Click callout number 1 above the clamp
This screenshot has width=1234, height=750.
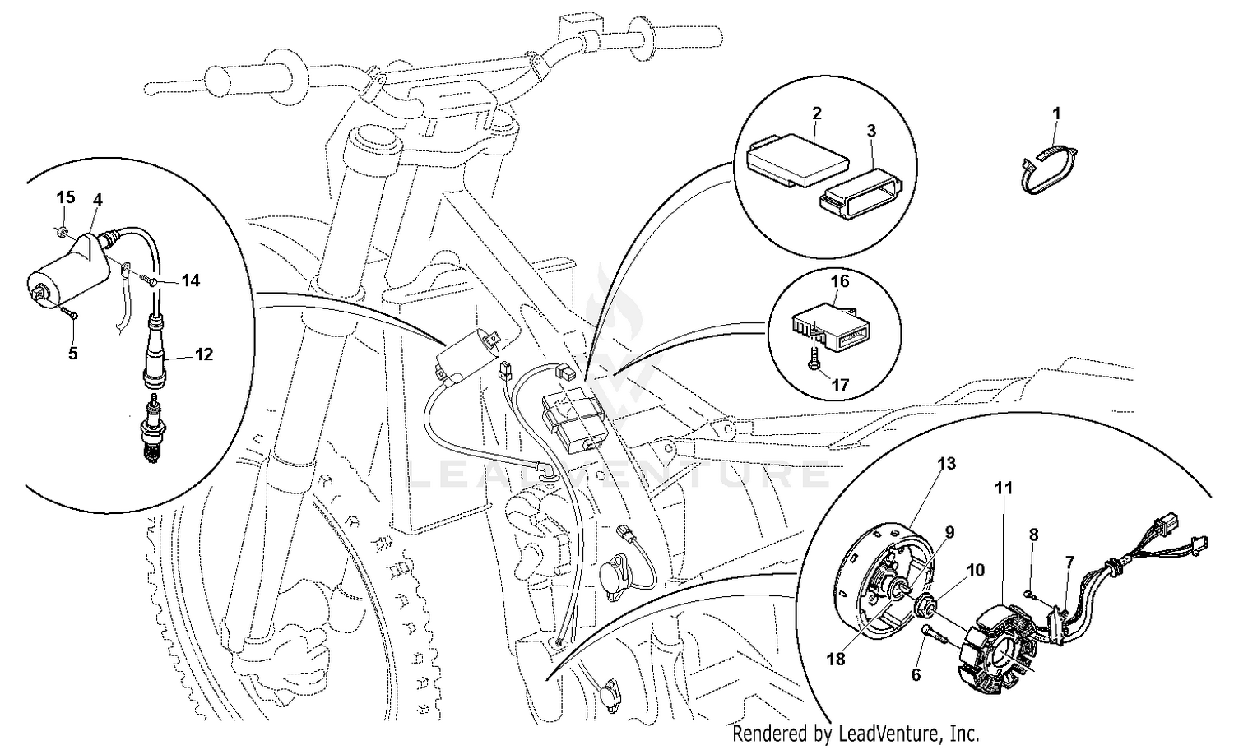tap(1056, 113)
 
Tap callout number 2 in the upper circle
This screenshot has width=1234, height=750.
tap(816, 113)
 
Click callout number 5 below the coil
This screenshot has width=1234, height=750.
tap(73, 354)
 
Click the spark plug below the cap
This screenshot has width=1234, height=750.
tap(152, 428)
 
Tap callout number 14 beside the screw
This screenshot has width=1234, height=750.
tap(190, 280)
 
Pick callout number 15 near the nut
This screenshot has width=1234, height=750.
tap(66, 197)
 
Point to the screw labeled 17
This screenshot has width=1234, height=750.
tap(813, 361)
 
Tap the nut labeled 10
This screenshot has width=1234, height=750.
tap(925, 609)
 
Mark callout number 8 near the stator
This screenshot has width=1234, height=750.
tap(1033, 535)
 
